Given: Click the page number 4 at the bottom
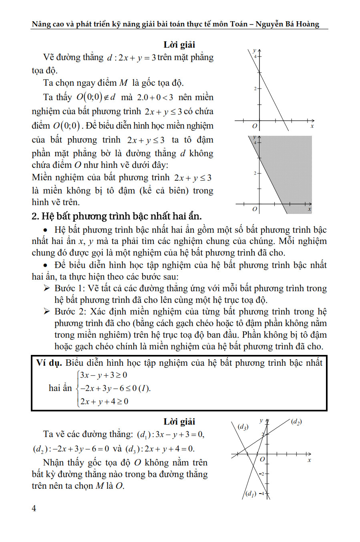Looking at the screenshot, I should tap(34, 508).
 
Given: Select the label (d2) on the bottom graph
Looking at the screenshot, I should tap(296, 421).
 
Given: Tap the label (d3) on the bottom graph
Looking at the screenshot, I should tap(243, 427).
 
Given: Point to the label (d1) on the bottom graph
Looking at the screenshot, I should tap(251, 494).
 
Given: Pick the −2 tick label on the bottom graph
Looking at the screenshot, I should tap(262, 474).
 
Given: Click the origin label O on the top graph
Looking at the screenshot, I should tap(254, 126).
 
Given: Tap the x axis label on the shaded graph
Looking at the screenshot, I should tap(310, 209).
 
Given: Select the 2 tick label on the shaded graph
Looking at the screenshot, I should tap(255, 173).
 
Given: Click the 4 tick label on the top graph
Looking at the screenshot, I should tap(255, 56).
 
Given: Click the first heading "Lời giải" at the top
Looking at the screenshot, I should tap(179, 44).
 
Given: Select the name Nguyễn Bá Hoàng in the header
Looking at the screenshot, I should tap(287, 24).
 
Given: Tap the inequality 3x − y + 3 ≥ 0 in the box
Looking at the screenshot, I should tap(104, 375).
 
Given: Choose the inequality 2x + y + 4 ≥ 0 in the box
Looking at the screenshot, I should tap(104, 401).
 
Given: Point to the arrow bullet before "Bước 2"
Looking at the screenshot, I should tap(47, 312).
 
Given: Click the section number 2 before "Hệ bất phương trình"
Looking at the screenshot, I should tap(34, 216).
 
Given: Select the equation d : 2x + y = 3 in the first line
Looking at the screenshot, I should tap(131, 58).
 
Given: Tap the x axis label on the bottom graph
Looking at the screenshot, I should tap(309, 460).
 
